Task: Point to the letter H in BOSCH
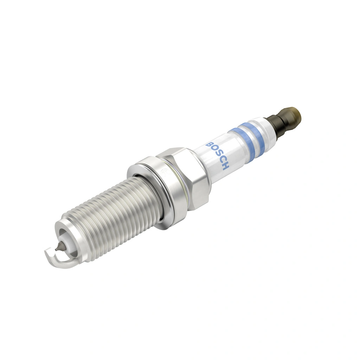(x=225, y=166)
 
